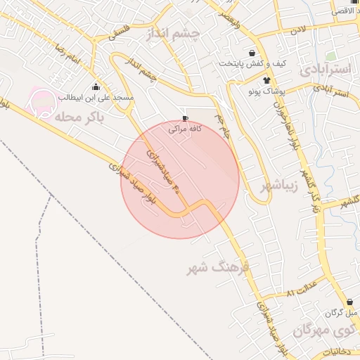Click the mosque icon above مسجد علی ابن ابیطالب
coord(96,86)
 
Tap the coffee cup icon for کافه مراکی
coord(185,119)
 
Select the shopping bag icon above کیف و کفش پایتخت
coord(252,53)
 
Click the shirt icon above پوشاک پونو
coord(266,80)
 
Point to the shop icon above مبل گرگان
coord(349,302)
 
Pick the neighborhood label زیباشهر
coord(280,186)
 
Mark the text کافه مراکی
coord(184,129)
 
